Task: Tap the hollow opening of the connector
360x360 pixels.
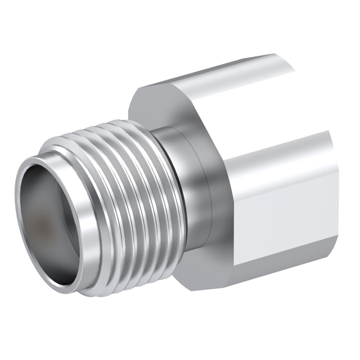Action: click(x=48, y=219)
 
